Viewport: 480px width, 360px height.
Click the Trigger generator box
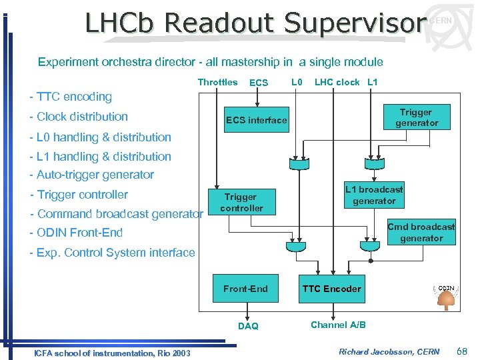tap(416, 117)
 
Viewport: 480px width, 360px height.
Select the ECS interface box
tap(256, 120)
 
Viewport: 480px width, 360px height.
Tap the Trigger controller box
tap(241, 202)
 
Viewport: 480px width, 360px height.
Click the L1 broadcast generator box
tap(373, 195)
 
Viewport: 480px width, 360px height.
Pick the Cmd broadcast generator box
tap(421, 232)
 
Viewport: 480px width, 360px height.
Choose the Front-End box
tap(245, 289)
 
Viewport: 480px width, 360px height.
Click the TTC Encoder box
tap(331, 289)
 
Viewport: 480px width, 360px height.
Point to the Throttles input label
tap(217, 83)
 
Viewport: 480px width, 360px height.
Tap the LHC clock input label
tap(337, 83)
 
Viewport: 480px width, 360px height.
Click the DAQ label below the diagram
tap(248, 326)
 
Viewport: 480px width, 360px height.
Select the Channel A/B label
tap(338, 325)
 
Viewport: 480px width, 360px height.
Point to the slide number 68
tap(463, 351)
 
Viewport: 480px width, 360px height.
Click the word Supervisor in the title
tap(354, 23)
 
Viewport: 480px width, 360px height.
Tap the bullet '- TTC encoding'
tap(71, 97)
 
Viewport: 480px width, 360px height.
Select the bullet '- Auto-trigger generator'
tap(91, 175)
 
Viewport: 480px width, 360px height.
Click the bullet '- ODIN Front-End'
tap(76, 233)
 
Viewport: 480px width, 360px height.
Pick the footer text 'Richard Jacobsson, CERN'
tap(389, 351)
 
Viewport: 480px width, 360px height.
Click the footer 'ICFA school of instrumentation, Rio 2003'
tap(112, 353)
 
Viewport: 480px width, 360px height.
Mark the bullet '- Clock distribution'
tap(79, 117)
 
